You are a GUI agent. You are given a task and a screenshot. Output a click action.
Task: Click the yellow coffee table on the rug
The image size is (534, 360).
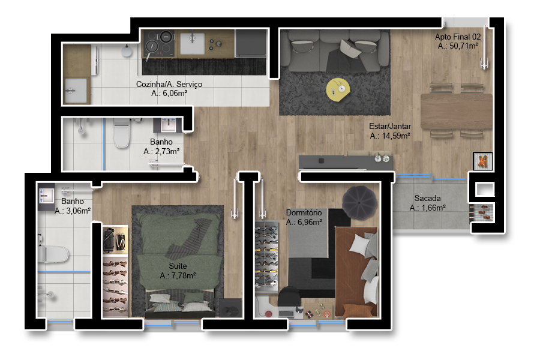(338, 89)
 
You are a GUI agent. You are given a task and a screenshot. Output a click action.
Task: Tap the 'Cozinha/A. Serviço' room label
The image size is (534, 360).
(169, 84)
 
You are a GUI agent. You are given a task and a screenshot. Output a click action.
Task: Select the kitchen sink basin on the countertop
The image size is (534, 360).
(192, 43)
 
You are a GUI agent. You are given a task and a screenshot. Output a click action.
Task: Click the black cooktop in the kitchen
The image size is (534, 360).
(159, 44)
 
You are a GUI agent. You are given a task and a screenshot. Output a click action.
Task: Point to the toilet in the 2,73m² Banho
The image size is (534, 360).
(121, 133)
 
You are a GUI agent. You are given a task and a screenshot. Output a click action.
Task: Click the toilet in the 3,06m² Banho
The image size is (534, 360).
(53, 254)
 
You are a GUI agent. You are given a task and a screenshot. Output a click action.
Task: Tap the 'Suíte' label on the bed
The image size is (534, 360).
(178, 266)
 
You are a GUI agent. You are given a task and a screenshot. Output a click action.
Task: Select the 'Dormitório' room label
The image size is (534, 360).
(304, 212)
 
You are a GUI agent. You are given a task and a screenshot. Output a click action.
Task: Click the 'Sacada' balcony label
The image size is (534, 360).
(427, 198)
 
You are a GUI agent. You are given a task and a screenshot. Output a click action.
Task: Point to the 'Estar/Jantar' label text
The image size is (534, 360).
(390, 127)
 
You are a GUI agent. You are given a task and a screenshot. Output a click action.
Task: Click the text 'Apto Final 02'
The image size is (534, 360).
(458, 37)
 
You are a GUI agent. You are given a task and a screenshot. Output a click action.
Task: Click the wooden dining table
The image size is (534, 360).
(457, 111)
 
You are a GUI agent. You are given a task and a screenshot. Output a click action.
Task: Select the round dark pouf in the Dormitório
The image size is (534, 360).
(359, 203)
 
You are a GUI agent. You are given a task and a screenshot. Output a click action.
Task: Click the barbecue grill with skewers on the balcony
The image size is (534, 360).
(482, 213)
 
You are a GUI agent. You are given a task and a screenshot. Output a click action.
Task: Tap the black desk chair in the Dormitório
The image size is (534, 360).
(289, 296)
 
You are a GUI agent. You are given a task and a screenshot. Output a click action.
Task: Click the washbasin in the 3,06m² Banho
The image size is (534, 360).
(46, 196)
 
